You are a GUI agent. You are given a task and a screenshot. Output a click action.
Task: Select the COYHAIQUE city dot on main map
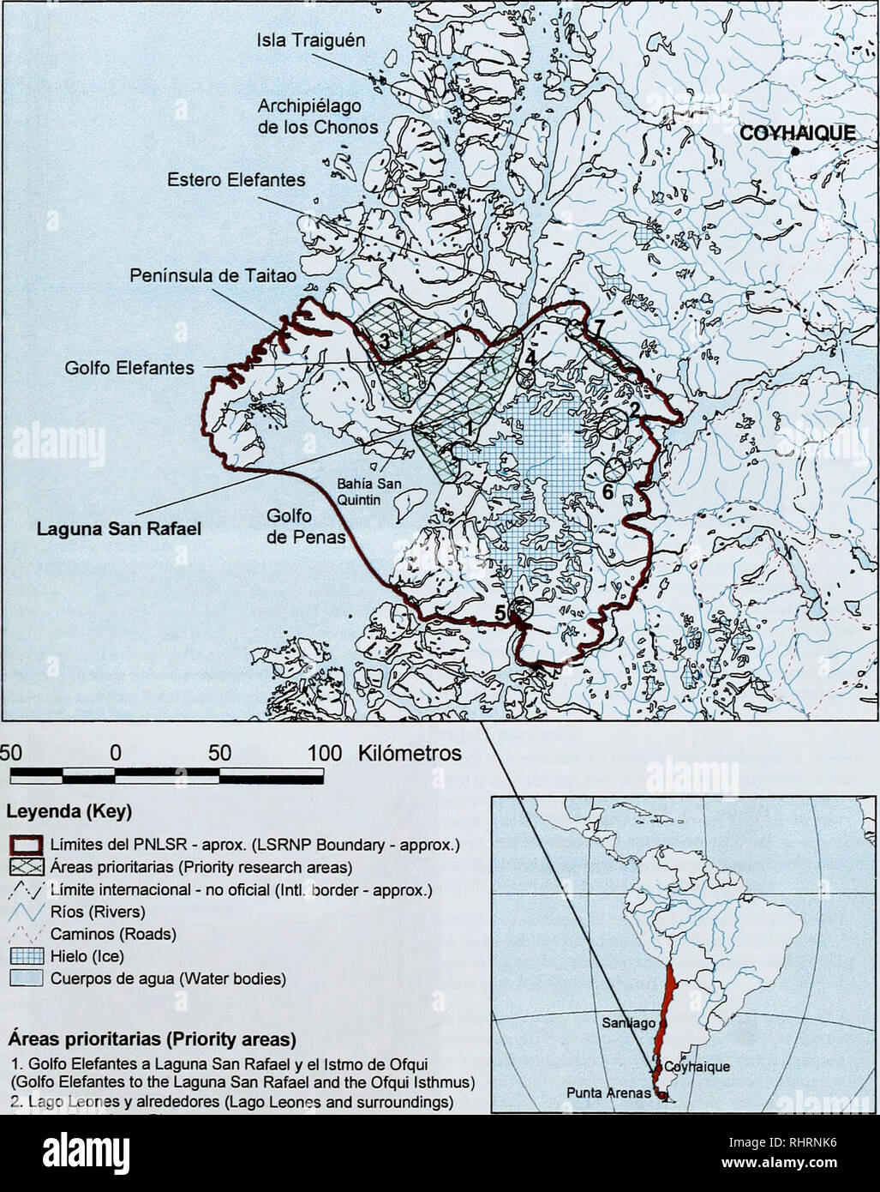point(796,151)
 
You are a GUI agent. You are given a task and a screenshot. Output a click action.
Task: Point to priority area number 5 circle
point(518,609)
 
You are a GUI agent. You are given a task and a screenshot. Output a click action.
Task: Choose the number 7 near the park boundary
point(600,325)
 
